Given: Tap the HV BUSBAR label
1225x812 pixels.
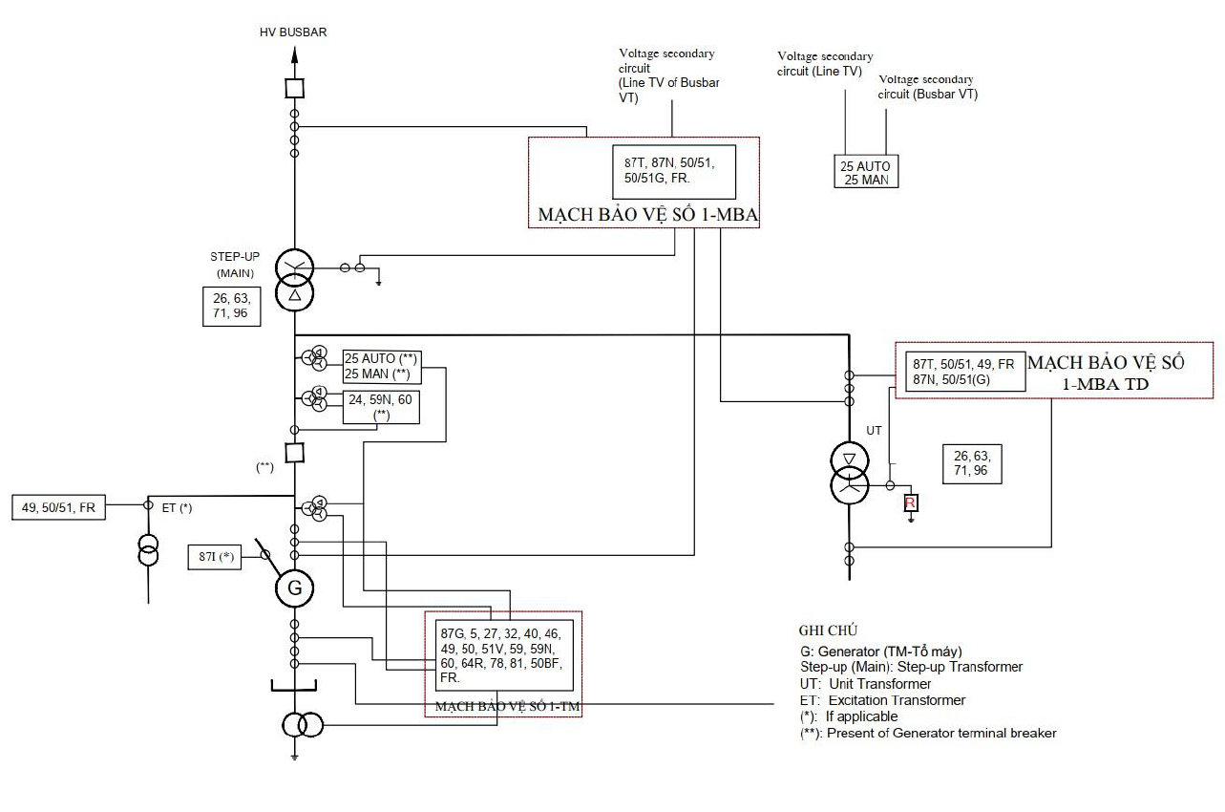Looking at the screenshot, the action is pos(293,32).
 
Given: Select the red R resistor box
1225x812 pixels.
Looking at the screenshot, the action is pos(911,502).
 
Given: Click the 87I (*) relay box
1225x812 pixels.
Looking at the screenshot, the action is pos(215,557).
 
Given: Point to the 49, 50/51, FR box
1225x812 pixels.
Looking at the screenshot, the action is pos(58,507).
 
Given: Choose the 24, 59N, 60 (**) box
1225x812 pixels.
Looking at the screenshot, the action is pos(381,407).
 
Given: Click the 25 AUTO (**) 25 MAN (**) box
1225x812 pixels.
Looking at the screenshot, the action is pos(382,367).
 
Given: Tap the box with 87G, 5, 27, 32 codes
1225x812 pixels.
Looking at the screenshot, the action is pos(504,655).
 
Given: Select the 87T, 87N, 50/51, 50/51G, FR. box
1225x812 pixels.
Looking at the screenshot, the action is pos(674,172).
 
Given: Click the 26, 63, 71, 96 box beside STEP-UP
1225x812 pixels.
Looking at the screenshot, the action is pos(231,307).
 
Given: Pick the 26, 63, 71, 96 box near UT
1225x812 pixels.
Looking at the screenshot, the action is pos(972,464).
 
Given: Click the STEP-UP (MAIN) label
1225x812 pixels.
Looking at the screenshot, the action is pos(235,265).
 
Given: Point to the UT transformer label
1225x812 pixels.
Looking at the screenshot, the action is pos(874,431).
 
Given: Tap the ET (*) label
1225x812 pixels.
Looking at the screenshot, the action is pos(178,508).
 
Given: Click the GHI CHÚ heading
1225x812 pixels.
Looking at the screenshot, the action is pos(828,630).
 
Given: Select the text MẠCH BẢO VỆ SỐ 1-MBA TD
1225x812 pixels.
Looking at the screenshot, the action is pos(1106,374).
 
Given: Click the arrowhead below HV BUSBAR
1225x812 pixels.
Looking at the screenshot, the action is pos(294,54).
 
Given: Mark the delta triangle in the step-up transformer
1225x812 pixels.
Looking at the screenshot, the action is pos(295,295).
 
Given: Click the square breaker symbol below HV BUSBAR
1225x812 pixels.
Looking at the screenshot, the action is pos(295,88).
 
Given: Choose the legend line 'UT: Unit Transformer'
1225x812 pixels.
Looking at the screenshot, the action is pos(865,684).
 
